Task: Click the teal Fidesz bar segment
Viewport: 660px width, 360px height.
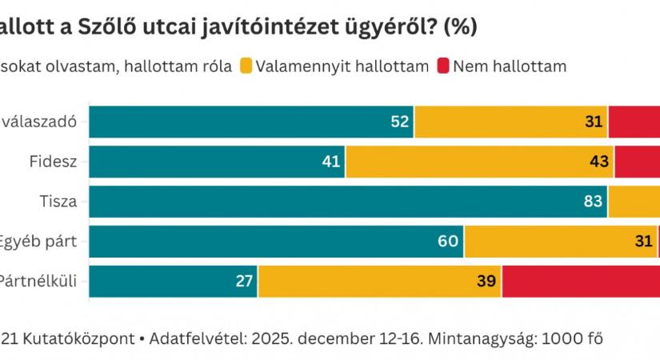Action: coord(216,162)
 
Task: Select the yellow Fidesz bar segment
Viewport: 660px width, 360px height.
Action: coord(480,162)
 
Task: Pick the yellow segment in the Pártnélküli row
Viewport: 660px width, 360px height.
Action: coord(380,281)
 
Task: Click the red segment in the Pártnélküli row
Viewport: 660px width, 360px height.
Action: coord(581,281)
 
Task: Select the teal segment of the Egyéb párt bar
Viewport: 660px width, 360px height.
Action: coord(276,241)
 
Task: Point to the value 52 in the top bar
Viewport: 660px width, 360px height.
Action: coord(400,122)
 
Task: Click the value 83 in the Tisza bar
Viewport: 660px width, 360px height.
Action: coord(593,202)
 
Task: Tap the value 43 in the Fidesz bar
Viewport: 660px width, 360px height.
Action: coord(599,162)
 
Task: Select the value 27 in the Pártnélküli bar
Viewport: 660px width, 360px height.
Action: coord(244,281)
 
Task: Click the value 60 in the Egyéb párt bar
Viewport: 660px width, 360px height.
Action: coord(449,241)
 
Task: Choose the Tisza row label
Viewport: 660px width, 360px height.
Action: coord(61,202)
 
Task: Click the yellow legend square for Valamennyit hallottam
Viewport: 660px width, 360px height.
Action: coord(245,66)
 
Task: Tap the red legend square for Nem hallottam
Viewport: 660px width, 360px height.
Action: coord(442,66)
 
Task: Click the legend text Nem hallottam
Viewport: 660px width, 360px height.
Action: coord(510,66)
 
